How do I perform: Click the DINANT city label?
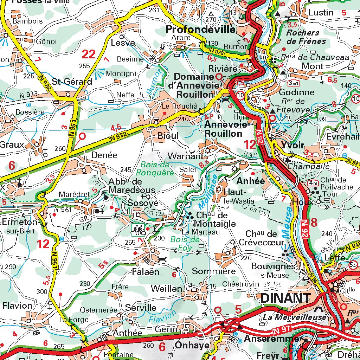tap(285, 298)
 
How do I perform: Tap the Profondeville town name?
tap(201, 30)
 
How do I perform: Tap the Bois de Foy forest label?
tap(185, 243)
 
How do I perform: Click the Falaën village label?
tap(146, 272)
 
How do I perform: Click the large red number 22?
tap(89, 54)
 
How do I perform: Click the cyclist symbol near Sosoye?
tap(139, 229)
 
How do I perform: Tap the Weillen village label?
tap(166, 289)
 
